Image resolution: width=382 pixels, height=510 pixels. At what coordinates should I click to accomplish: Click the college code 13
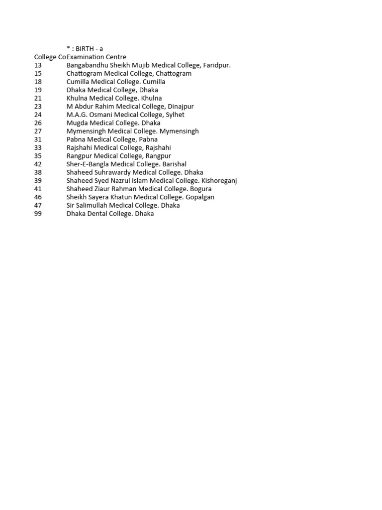[x=38, y=65]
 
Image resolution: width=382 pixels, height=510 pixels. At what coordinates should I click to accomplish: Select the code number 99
[x=38, y=214]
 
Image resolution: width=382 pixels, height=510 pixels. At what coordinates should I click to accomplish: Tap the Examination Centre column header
[x=96, y=57]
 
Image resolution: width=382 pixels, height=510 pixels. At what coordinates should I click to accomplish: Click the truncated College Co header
[x=50, y=57]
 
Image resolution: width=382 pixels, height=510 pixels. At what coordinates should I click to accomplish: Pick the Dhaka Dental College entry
[x=110, y=214]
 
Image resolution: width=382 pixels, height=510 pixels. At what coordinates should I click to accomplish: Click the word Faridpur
[x=217, y=65]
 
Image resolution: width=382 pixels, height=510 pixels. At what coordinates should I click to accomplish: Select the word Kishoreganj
[x=219, y=181]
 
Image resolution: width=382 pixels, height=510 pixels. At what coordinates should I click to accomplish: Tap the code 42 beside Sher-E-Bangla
[x=38, y=164]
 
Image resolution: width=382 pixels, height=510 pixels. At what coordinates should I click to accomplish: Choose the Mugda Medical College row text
[x=113, y=123]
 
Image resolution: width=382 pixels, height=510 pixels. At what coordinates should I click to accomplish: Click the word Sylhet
[x=175, y=115]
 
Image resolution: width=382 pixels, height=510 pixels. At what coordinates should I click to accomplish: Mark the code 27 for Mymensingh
[x=38, y=131]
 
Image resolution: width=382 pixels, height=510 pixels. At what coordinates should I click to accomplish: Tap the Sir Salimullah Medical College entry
[x=123, y=205]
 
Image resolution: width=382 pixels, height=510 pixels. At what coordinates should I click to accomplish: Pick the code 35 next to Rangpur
[x=38, y=156]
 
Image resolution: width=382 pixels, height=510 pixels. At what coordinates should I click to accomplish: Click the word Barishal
[x=174, y=164]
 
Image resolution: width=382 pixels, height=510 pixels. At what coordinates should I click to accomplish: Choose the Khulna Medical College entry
[x=114, y=98]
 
